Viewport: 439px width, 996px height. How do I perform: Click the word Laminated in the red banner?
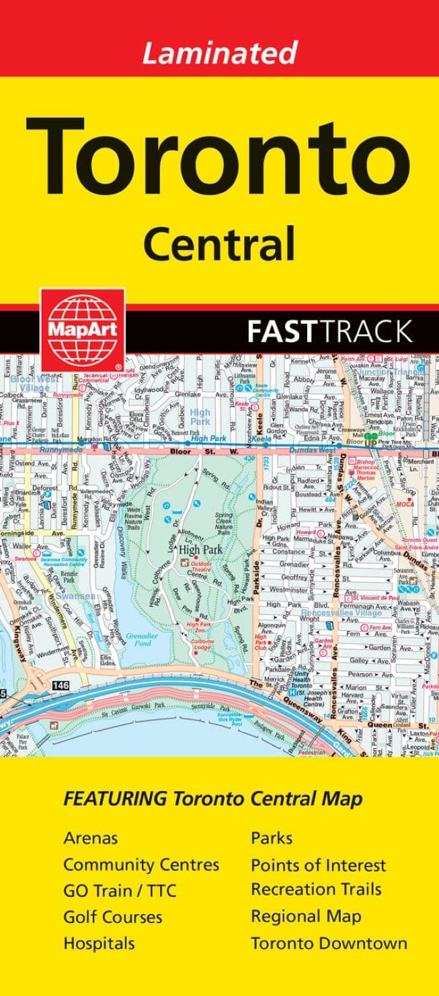pos(219,52)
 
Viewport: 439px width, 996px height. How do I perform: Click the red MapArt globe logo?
pos(82,329)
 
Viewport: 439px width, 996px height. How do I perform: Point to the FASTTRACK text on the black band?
pos(329,331)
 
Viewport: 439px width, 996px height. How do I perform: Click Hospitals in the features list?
pos(99,943)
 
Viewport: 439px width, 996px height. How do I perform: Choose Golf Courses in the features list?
pos(112,917)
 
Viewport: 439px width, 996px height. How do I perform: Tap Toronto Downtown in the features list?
pos(329,943)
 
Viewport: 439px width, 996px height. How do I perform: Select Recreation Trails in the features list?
pos(316,890)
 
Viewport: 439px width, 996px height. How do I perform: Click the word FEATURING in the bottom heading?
pos(115,798)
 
